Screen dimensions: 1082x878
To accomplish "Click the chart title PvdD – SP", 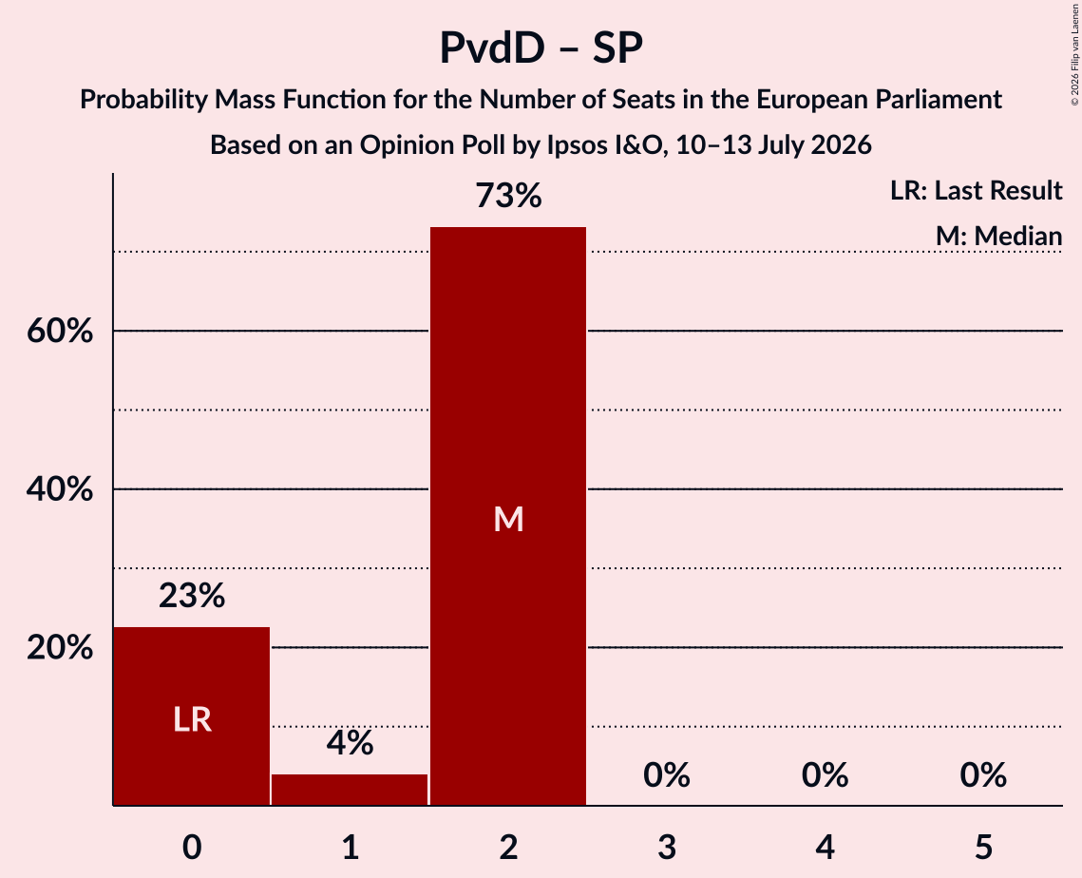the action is pyautogui.click(x=541, y=48).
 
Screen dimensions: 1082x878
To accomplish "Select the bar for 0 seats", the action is pyautogui.click(x=192, y=716).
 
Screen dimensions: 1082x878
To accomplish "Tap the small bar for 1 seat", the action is pyautogui.click(x=350, y=790).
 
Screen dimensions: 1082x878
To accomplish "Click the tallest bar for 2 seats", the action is pyautogui.click(x=508, y=516).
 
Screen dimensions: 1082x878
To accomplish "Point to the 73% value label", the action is pyautogui.click(x=508, y=196).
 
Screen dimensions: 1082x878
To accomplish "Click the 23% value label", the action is pyautogui.click(x=192, y=595).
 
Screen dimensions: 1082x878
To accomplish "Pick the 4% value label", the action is pyautogui.click(x=350, y=743).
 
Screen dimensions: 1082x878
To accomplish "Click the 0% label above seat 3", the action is pyautogui.click(x=667, y=775).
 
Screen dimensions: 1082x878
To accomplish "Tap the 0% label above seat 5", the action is pyautogui.click(x=983, y=775).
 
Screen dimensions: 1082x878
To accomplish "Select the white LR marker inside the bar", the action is pyautogui.click(x=192, y=720).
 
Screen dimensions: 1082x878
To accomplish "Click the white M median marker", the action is pyautogui.click(x=508, y=519).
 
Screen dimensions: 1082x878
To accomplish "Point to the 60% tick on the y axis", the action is pyautogui.click(x=60, y=332).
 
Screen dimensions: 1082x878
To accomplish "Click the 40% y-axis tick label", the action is pyautogui.click(x=60, y=489).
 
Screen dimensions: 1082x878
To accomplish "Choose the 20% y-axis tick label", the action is pyautogui.click(x=60, y=647).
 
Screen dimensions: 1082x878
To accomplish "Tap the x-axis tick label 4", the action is pyautogui.click(x=826, y=847).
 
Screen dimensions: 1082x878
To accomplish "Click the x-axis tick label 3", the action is pyautogui.click(x=667, y=847).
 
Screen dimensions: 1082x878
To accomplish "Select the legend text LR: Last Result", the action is pyautogui.click(x=976, y=190).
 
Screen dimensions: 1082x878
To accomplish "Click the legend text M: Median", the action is pyautogui.click(x=998, y=236).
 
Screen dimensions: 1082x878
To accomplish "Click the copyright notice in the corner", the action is pyautogui.click(x=1074, y=54).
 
